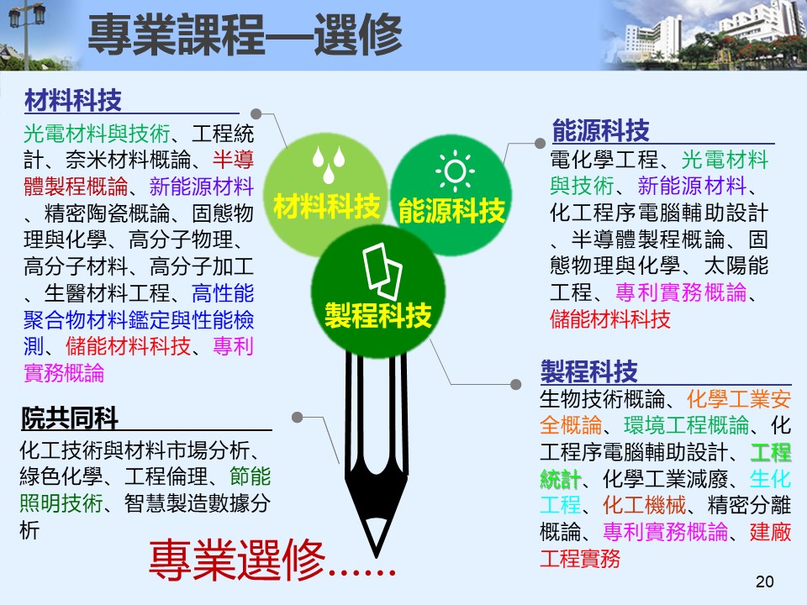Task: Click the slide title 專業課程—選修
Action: tap(245, 34)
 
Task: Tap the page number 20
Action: tap(764, 581)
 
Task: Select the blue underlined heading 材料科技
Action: tap(73, 100)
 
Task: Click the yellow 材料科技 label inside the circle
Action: tap(326, 207)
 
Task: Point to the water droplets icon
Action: tap(329, 164)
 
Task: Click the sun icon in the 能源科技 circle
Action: tap(455, 171)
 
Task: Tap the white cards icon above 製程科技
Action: tap(382, 271)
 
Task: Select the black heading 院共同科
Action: tap(70, 418)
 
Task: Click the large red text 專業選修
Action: tap(237, 560)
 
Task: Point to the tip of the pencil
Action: tap(377, 556)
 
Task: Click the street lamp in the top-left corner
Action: tap(26, 31)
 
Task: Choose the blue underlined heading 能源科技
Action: tap(600, 130)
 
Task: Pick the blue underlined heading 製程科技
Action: tap(588, 371)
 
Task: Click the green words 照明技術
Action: tap(61, 503)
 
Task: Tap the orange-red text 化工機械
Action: tap(645, 505)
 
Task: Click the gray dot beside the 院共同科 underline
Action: tap(297, 418)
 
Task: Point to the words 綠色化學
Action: tap(61, 476)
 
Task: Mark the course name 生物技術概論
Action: tap(602, 398)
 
